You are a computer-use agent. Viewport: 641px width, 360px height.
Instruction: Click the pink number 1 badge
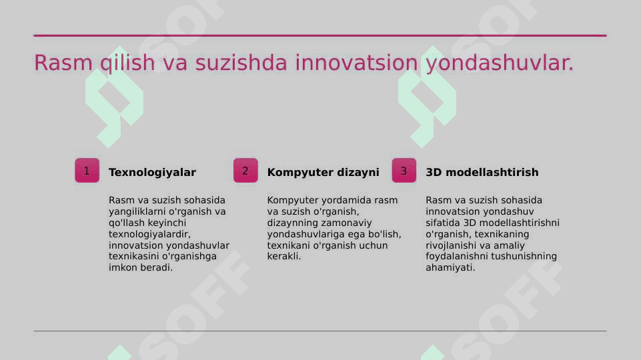(x=87, y=171)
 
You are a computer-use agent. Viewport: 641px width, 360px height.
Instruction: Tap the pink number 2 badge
(x=245, y=171)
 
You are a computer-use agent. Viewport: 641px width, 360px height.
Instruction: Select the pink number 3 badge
(x=404, y=171)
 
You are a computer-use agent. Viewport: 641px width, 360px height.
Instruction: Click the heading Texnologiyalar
(x=152, y=173)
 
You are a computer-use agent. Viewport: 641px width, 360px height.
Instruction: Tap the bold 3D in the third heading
(x=434, y=173)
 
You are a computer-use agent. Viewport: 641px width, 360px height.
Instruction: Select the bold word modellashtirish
(x=492, y=173)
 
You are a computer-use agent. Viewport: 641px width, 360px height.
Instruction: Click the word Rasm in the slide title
(x=63, y=63)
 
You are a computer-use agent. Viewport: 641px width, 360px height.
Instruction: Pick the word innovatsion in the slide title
(x=356, y=63)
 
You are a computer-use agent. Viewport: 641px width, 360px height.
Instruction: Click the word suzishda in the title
(x=241, y=63)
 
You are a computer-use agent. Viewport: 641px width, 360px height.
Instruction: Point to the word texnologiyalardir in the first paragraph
(x=149, y=234)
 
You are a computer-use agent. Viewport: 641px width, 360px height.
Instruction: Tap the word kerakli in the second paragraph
(x=283, y=257)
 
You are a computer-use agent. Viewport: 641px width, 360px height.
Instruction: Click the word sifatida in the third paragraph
(x=443, y=223)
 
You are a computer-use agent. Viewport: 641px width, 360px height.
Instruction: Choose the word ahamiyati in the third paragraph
(x=450, y=267)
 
